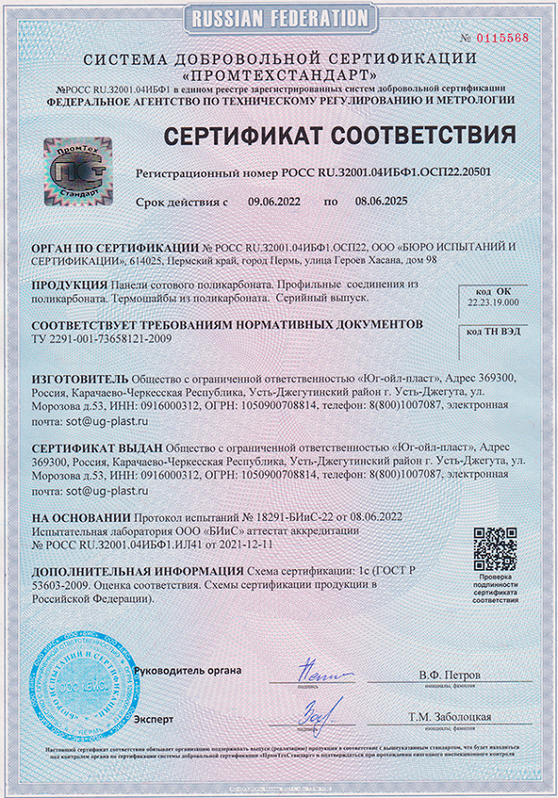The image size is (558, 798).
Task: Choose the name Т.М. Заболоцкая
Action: (x=449, y=717)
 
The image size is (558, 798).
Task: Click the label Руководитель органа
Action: (x=187, y=671)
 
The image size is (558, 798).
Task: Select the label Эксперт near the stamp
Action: (x=154, y=718)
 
